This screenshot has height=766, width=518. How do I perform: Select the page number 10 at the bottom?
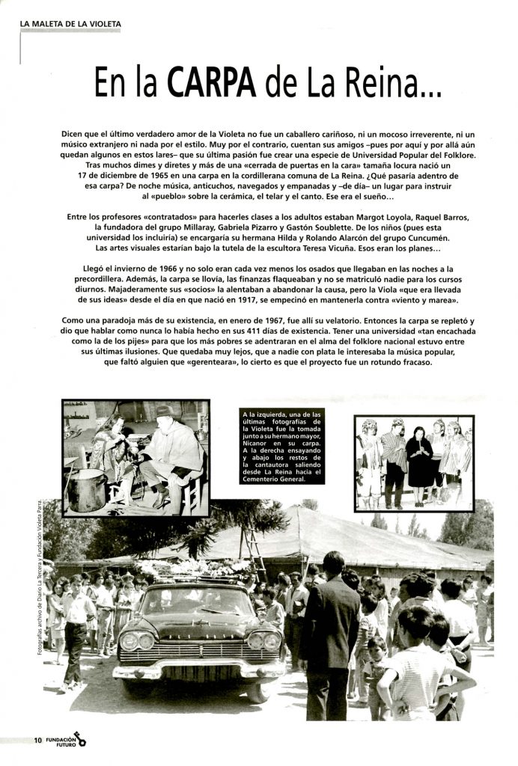coord(37,741)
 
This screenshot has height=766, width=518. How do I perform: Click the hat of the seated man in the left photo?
coord(165,411)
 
